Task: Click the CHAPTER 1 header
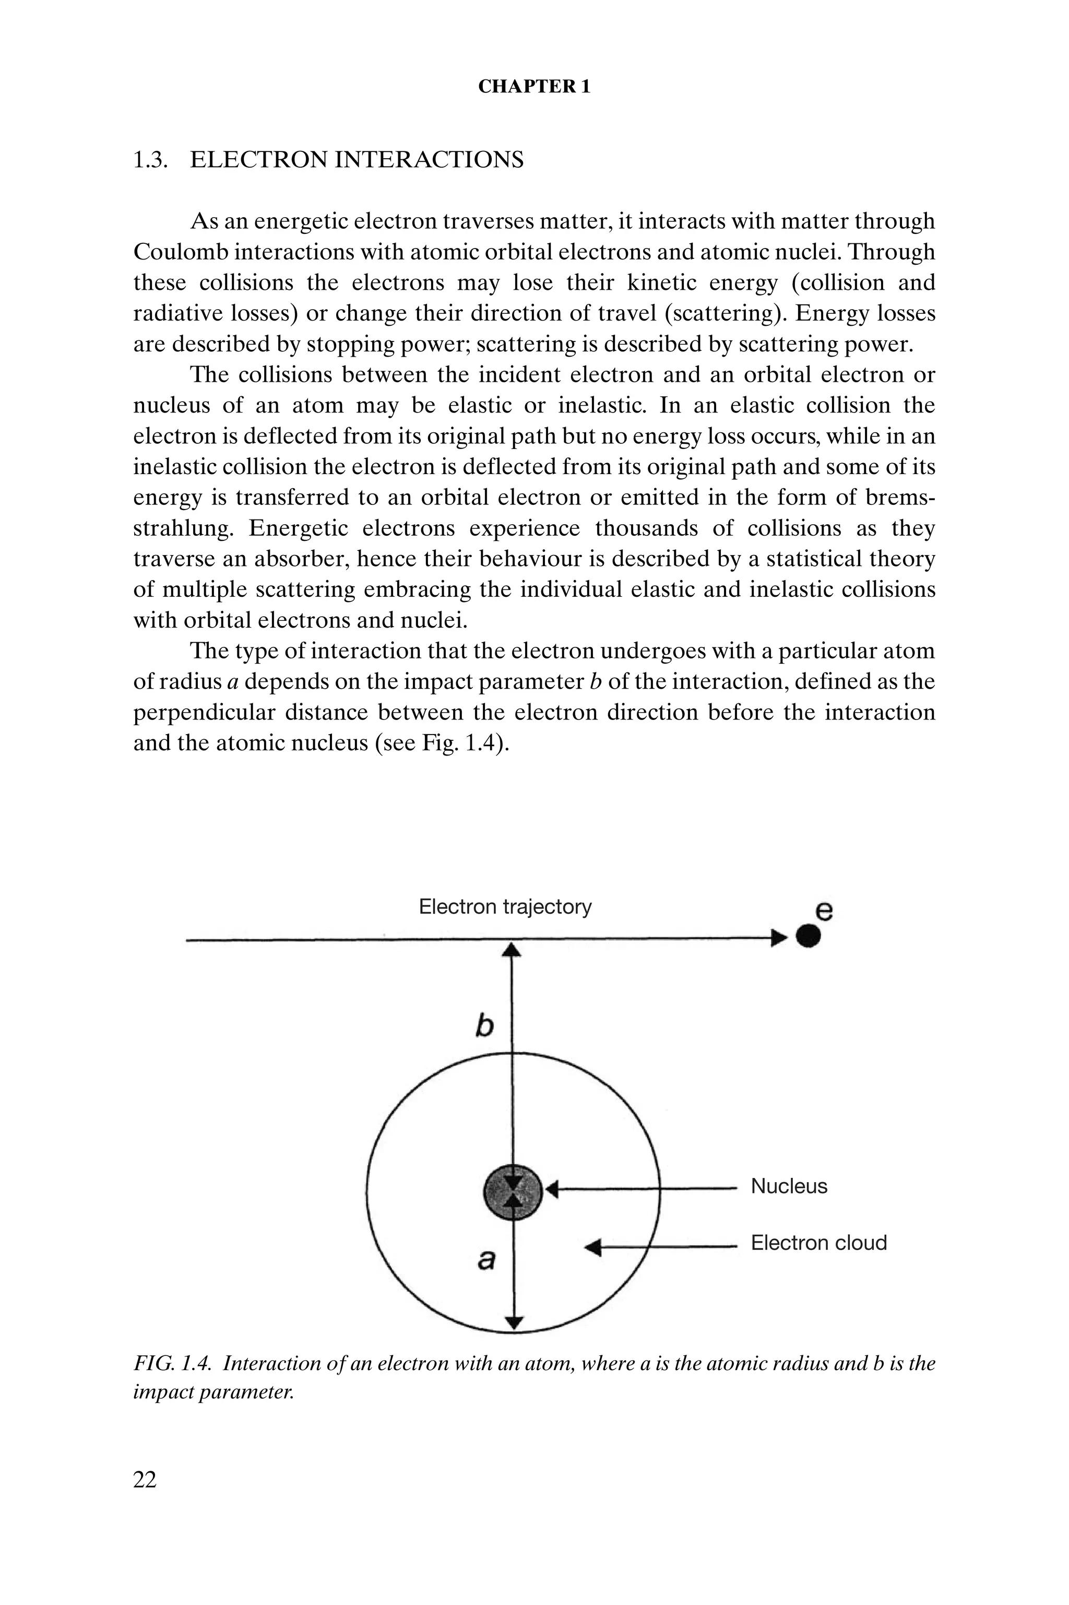(x=534, y=87)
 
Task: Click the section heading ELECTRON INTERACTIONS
(x=356, y=160)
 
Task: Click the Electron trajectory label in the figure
(x=505, y=906)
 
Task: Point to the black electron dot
(x=808, y=937)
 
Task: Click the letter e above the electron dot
(x=824, y=910)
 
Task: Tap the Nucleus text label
(x=789, y=1186)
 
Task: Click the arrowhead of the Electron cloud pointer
(x=593, y=1247)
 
